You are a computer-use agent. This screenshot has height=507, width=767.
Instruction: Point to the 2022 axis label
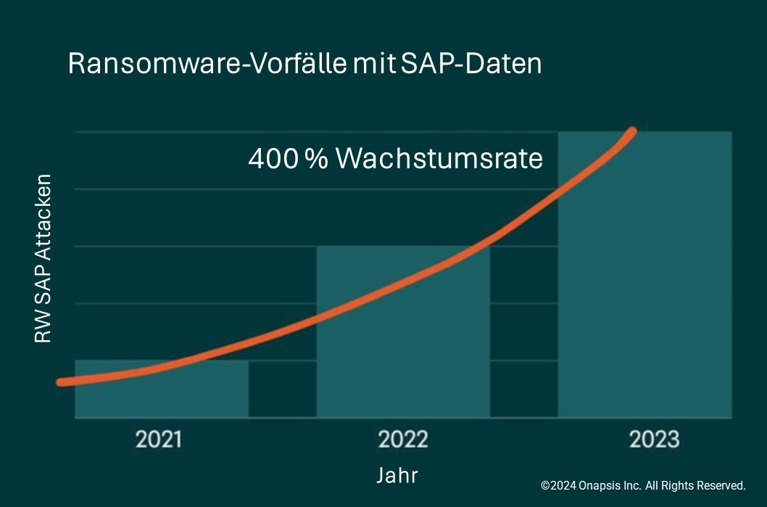tap(403, 440)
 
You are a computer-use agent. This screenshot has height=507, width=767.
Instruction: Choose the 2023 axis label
tap(654, 440)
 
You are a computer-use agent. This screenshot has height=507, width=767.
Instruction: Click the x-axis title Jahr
tap(397, 475)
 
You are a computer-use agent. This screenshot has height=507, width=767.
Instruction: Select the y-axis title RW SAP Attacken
tap(43, 258)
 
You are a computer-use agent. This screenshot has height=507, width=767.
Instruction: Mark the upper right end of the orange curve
tap(632, 132)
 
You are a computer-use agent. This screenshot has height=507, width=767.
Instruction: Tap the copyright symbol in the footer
tap(545, 485)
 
